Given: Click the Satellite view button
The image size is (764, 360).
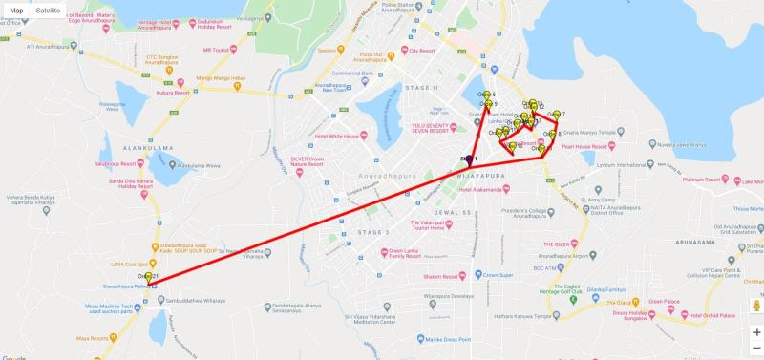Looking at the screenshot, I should coord(49,10).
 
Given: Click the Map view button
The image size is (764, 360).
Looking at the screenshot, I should coord(16,10).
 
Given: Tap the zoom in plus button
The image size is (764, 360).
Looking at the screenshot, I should coord(756,332).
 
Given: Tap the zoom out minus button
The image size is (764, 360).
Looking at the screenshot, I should coord(756,349).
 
